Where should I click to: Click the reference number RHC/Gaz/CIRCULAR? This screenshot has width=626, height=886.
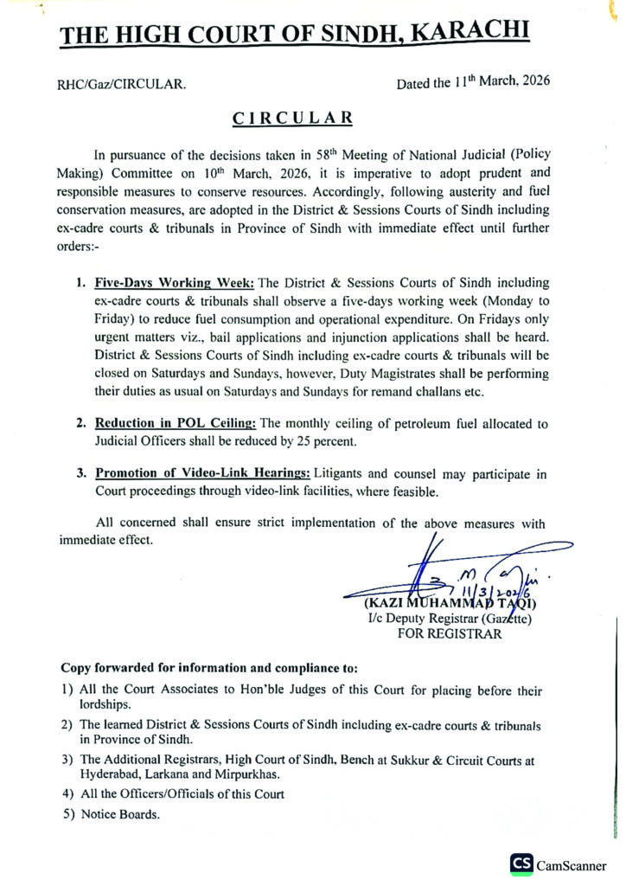pyautogui.click(x=121, y=85)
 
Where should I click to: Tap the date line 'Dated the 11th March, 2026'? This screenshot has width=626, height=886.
pyautogui.click(x=473, y=83)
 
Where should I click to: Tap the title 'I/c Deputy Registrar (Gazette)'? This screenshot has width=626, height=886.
pyautogui.click(x=450, y=618)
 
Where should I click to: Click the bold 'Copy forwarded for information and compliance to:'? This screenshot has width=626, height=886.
pyautogui.click(x=208, y=669)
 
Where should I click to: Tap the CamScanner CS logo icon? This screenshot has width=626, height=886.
pyautogui.click(x=521, y=863)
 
